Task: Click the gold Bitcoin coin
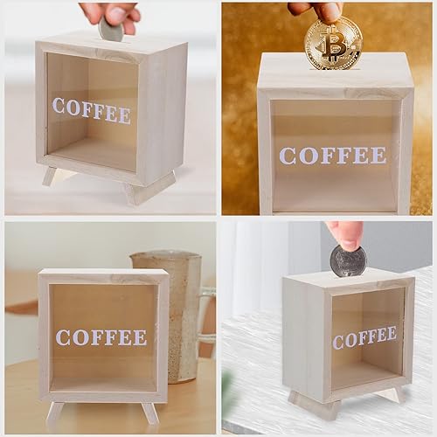click(333, 43)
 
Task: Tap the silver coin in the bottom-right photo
click(347, 260)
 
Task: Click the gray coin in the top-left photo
click(111, 31)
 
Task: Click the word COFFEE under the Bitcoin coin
click(332, 156)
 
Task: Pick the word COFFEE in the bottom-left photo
click(101, 337)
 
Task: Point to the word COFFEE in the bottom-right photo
click(364, 336)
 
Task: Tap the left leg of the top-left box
click(50, 176)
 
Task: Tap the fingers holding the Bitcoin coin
click(324, 10)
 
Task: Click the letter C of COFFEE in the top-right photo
click(288, 156)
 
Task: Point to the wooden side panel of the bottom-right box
click(303, 341)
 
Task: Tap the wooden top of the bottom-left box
click(103, 274)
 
